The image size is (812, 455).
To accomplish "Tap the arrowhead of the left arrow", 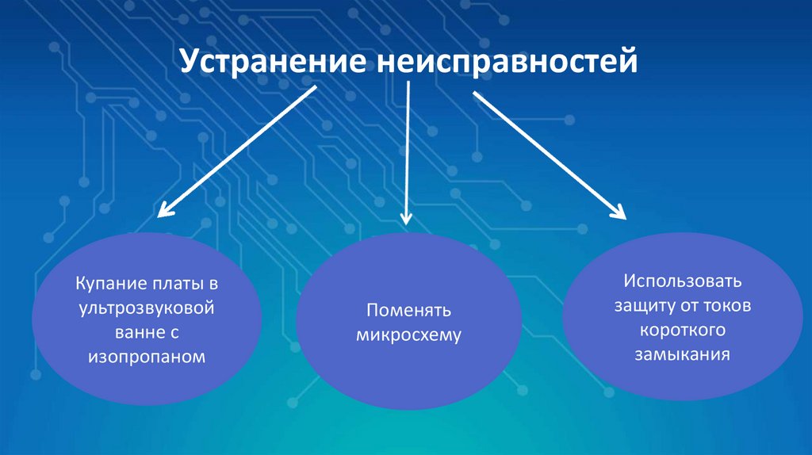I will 164,210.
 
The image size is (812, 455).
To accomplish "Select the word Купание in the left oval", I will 108,283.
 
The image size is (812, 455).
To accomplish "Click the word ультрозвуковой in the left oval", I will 149,308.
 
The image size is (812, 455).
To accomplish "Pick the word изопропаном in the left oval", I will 148,357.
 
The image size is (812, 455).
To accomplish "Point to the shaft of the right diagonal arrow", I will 547,153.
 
